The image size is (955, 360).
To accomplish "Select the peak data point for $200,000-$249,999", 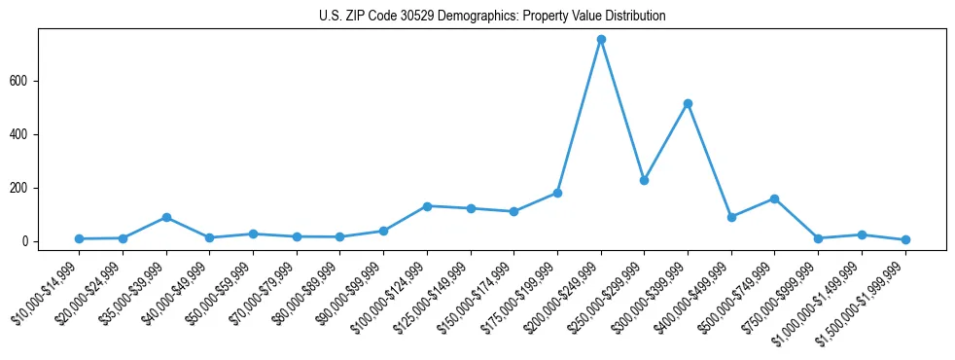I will click(x=601, y=39).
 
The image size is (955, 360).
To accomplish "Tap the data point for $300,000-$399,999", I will click(x=688, y=103).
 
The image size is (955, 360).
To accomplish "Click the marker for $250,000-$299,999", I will click(x=644, y=180).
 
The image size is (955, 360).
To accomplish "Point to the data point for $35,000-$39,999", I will click(x=166, y=217).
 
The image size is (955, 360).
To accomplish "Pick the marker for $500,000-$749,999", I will click(x=774, y=198).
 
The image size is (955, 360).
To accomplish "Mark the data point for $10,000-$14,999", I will click(x=80, y=238).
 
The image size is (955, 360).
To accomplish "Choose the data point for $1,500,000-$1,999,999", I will click(x=905, y=239).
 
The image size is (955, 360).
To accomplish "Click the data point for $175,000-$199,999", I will click(x=557, y=193).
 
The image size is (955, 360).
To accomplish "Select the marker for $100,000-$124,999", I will click(x=427, y=206).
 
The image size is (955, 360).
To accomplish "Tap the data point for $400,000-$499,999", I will click(x=731, y=217).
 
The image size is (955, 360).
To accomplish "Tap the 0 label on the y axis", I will click(x=27, y=241).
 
